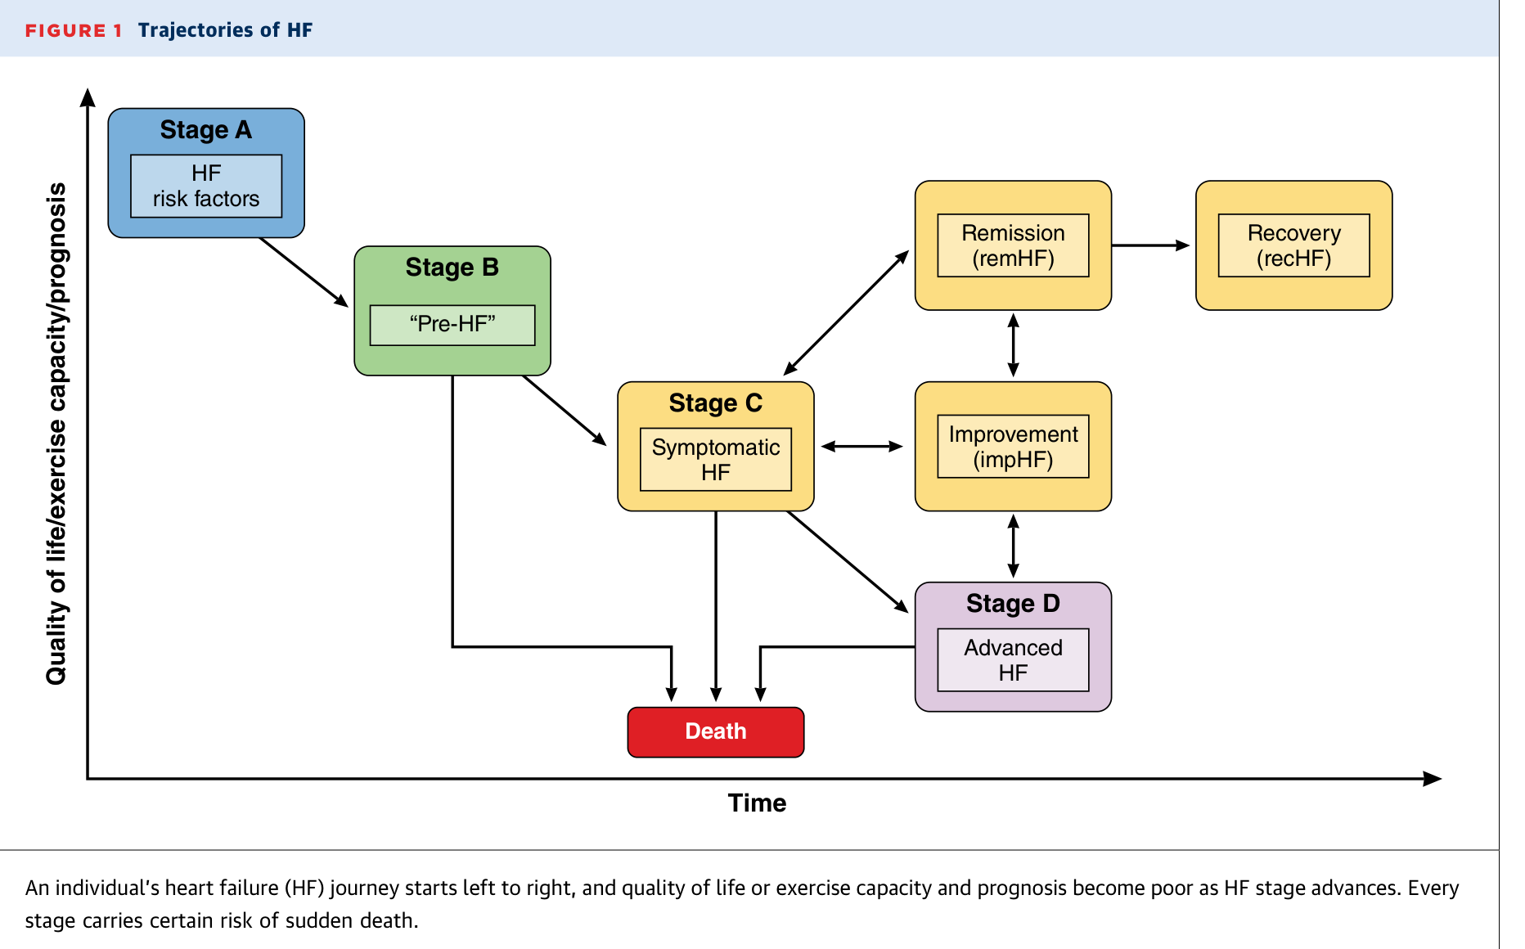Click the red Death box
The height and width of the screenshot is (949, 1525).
[715, 731]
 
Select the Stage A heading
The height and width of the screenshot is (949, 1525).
[206, 130]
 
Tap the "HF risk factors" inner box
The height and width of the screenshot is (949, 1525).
[206, 186]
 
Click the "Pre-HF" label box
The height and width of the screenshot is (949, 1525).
[452, 325]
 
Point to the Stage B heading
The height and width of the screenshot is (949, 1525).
[452, 268]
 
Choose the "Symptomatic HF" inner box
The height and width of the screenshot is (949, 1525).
[716, 459]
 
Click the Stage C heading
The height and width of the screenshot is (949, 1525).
[716, 403]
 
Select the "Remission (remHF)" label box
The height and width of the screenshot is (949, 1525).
[1013, 245]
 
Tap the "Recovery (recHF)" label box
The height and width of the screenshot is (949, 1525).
[1294, 245]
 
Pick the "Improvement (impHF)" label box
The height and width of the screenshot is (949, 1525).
[1013, 446]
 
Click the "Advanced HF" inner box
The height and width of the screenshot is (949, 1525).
[1013, 659]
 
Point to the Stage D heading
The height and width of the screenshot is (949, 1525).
[1013, 604]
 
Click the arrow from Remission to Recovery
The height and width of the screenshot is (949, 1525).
[1150, 245]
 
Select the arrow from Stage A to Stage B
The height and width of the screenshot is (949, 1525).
[304, 272]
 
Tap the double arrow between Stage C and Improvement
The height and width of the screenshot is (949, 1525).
[862, 447]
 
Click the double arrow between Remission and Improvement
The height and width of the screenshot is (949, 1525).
[1013, 345]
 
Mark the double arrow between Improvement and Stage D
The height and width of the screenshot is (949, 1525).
[1013, 546]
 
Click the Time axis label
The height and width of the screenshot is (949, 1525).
[757, 803]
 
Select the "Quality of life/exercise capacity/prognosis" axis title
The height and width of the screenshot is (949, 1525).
[56, 434]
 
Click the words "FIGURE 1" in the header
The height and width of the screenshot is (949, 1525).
[74, 31]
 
